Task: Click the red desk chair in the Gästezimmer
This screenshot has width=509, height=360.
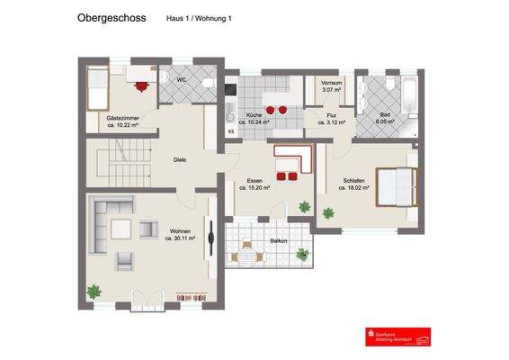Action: click(141, 86)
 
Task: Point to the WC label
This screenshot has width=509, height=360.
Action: click(181, 81)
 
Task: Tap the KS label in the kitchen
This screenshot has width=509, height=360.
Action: click(231, 132)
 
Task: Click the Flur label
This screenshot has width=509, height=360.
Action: click(331, 116)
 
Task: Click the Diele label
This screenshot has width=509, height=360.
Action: click(180, 159)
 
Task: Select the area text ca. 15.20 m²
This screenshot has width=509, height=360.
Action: click(262, 189)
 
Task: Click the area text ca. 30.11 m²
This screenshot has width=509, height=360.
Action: click(180, 238)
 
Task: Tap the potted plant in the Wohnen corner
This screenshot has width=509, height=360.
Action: click(94, 292)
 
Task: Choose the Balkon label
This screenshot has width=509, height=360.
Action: click(279, 241)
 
